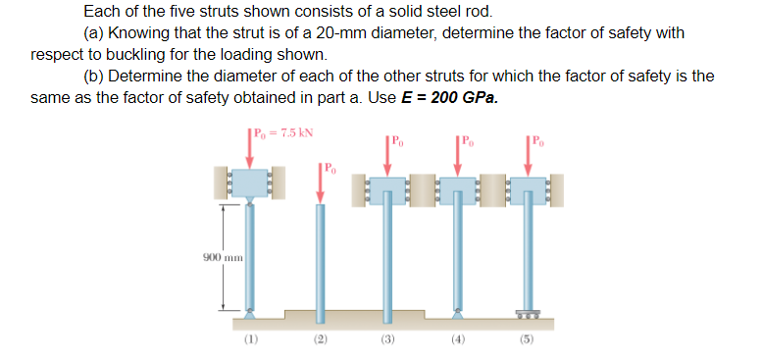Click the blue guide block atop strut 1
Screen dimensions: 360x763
[249, 182]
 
